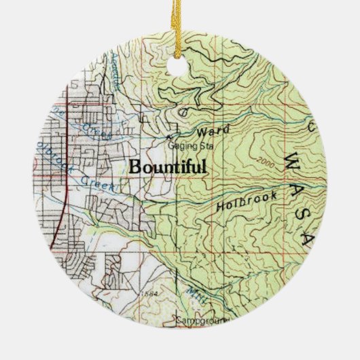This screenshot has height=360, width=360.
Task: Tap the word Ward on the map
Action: coord(213,130)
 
